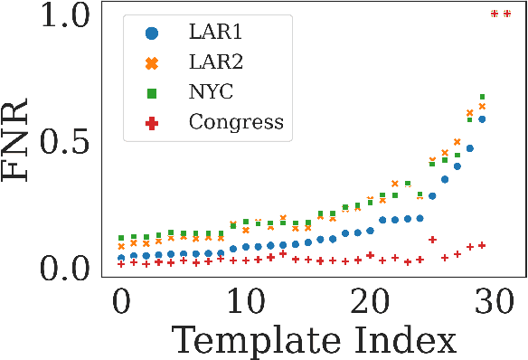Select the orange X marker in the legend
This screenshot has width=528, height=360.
(x=152, y=63)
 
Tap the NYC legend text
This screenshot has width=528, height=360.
(x=213, y=92)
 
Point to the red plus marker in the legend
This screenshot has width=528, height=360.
(x=152, y=122)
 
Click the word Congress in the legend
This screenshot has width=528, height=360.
(x=237, y=122)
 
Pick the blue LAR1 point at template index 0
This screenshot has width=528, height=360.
(x=121, y=258)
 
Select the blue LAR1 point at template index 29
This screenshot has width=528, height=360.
(x=482, y=119)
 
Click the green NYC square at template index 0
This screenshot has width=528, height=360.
(x=121, y=238)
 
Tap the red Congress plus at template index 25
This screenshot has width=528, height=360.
(x=432, y=240)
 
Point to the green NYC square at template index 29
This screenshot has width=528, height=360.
(x=482, y=97)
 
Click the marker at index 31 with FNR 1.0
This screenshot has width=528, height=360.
(x=507, y=14)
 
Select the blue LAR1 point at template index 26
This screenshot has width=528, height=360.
(x=445, y=179)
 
